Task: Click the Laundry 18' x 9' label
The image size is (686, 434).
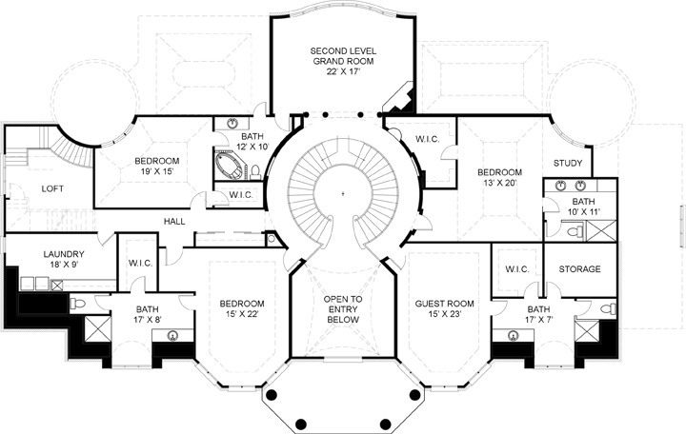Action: pos(40,260)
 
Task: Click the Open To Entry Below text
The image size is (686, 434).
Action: pos(341,310)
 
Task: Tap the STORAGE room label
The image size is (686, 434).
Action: pos(579,269)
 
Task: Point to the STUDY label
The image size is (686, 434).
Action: pos(568,163)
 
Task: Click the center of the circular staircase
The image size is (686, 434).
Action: pos(342,193)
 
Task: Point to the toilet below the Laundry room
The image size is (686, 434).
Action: pos(79,304)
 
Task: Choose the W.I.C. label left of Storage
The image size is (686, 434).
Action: pos(516,269)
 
